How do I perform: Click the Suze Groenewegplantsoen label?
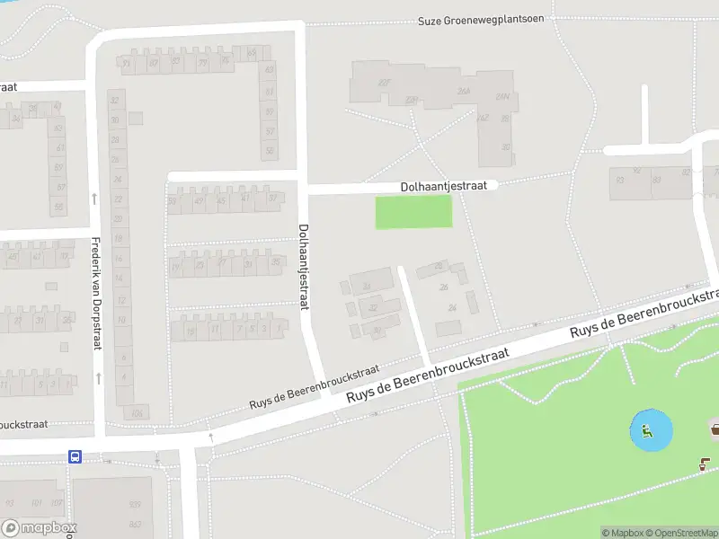481,20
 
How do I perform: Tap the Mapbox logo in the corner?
40,528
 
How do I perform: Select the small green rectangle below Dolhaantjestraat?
413,212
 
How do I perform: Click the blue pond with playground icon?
650,431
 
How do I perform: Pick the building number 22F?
385,83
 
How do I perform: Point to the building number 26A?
464,91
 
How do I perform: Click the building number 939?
135,505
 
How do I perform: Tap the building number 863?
135,524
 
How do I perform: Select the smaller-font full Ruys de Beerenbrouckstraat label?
315,389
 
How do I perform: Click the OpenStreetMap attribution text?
683,533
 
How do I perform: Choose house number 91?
127,63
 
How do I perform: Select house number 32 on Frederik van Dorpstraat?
115,99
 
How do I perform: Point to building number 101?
36,502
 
